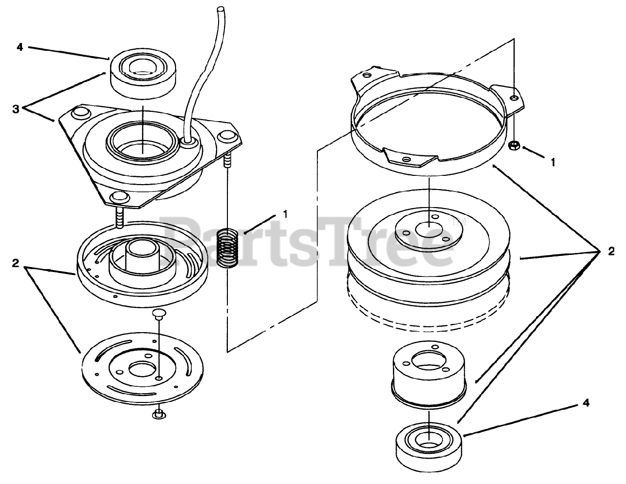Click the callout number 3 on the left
pyautogui.click(x=16, y=109)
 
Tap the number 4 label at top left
pyautogui.click(x=20, y=47)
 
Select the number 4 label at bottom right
pyautogui.click(x=586, y=403)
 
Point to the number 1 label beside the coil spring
pyautogui.click(x=285, y=214)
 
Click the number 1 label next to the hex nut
pyautogui.click(x=553, y=163)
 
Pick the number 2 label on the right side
pyautogui.click(x=611, y=251)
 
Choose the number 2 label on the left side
pyautogui.click(x=16, y=263)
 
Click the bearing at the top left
pyautogui.click(x=143, y=73)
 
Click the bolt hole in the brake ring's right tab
pyautogui.click(x=514, y=98)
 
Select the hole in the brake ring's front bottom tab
pyautogui.click(x=406, y=159)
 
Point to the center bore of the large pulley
pyautogui.click(x=429, y=230)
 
